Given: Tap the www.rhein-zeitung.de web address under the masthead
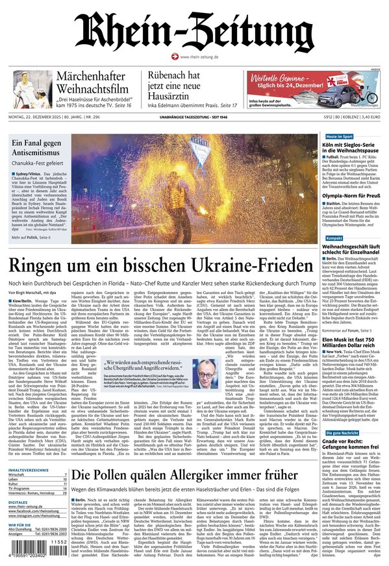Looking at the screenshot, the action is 198,57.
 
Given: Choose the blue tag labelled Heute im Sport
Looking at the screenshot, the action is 339,137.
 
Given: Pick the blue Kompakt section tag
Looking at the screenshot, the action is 334,239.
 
